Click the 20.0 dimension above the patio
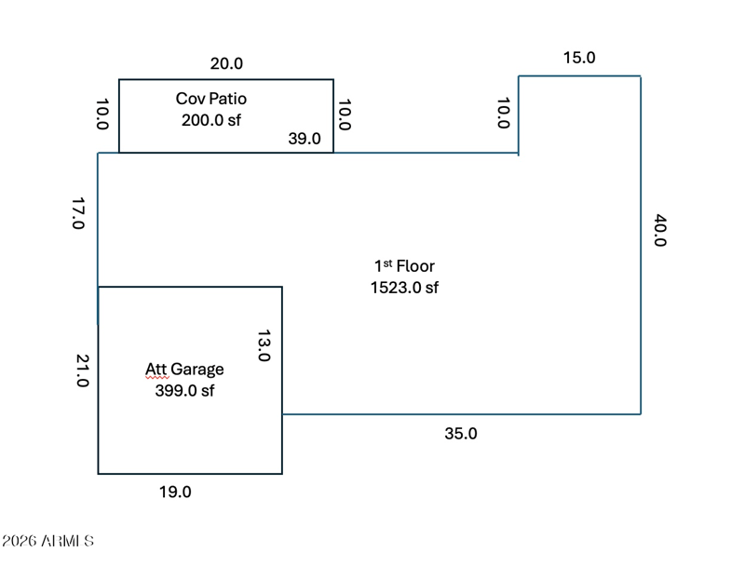226,63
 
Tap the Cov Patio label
211,99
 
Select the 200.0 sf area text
211,120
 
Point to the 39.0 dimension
305,139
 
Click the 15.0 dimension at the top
579,58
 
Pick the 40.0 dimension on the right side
660,230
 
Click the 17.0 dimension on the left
78,213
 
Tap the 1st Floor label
404,266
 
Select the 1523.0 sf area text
404,288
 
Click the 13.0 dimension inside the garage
264,345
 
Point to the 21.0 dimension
82,371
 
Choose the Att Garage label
184,370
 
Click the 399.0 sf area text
184,390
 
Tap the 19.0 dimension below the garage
175,492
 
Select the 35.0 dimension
461,434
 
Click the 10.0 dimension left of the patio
102,114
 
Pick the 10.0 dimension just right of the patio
345,115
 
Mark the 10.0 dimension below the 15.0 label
504,113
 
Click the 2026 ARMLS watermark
47,541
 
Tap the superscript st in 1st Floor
387,263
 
